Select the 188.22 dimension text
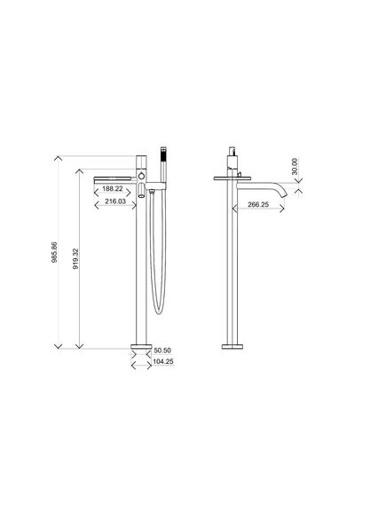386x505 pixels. point(112,189)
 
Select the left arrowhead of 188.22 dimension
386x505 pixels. point(96,189)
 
